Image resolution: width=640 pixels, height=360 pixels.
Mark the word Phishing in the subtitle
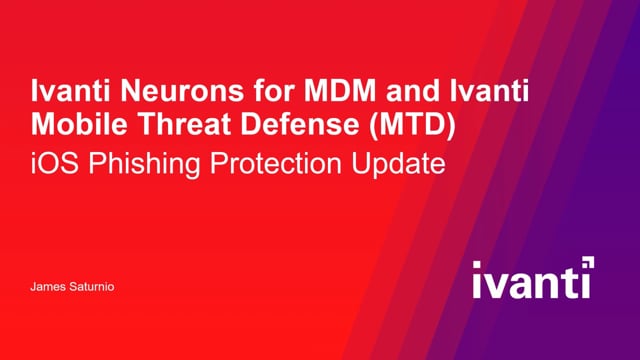point(133,163)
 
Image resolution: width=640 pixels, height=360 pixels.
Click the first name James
point(46,287)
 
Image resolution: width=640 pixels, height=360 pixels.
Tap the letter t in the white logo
point(570,282)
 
